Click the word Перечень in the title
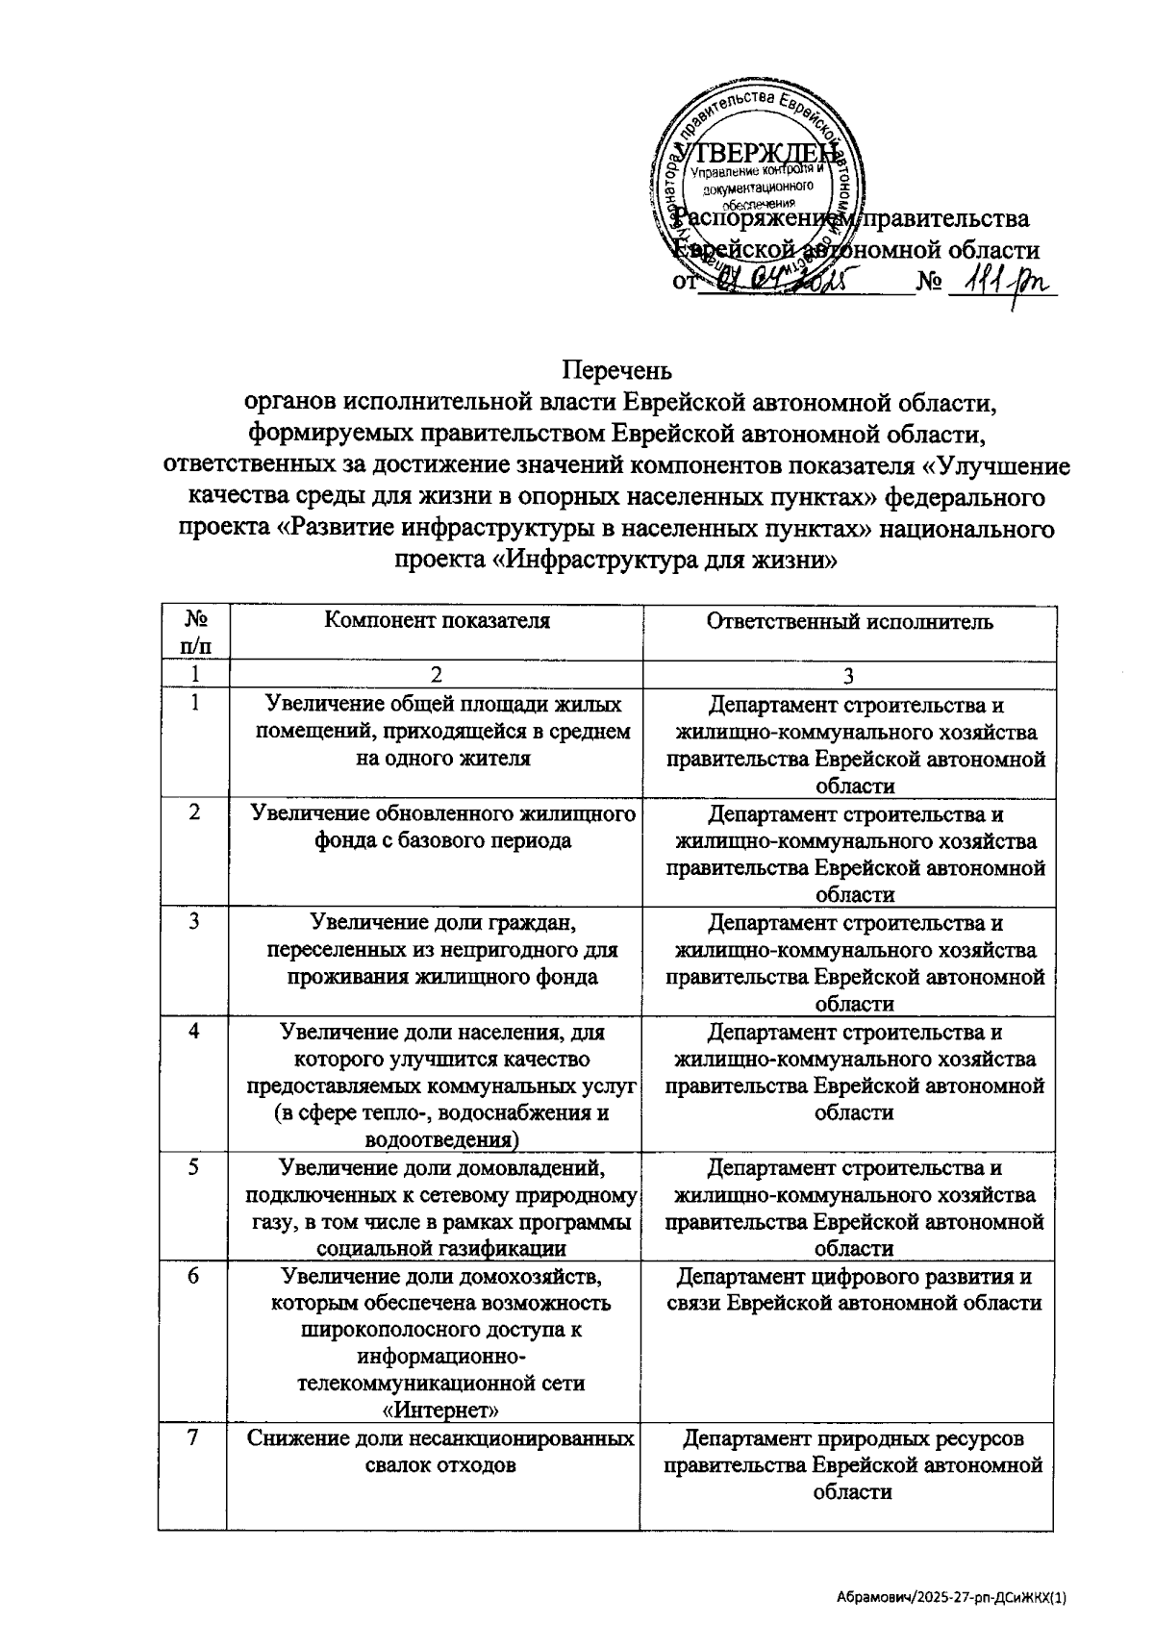coord(616,370)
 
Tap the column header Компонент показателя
coord(437,621)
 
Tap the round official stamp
coord(758,183)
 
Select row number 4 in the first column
coord(194,1031)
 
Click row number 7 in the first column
coord(194,1439)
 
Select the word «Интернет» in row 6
coord(441,1410)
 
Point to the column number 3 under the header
coord(849,676)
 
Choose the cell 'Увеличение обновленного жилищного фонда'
coord(441,827)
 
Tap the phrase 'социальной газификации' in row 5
coord(441,1249)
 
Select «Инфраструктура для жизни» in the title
coord(663,559)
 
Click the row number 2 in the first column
coord(194,812)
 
